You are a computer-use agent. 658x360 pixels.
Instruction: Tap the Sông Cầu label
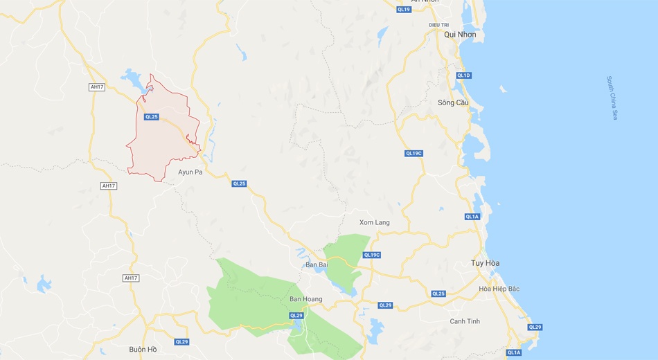point(453,102)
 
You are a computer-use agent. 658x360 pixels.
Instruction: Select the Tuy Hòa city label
point(485,263)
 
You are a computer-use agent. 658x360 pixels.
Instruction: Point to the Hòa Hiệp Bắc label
point(499,289)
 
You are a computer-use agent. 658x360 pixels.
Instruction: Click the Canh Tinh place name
point(465,321)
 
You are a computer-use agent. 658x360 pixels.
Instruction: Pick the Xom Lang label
point(374,222)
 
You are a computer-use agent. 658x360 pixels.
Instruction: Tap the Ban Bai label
point(316,265)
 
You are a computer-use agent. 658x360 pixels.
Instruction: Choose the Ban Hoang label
point(305,299)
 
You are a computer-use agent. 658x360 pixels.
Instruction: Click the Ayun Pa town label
point(190,172)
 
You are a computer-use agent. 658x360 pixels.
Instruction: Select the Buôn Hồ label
point(143,349)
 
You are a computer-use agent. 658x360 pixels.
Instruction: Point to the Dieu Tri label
point(439,24)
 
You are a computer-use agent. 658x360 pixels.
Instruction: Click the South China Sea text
point(611,98)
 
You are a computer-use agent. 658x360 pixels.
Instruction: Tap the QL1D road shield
point(463,75)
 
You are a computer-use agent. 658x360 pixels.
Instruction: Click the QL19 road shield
point(404,9)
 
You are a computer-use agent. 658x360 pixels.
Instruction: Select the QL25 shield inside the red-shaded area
point(152,117)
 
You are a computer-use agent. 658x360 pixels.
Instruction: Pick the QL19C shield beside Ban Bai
point(372,255)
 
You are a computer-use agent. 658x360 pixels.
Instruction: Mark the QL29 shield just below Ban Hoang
point(296,316)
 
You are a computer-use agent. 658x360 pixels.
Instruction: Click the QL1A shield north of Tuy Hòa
point(472,217)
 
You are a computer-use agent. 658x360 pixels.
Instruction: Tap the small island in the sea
point(503,89)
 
